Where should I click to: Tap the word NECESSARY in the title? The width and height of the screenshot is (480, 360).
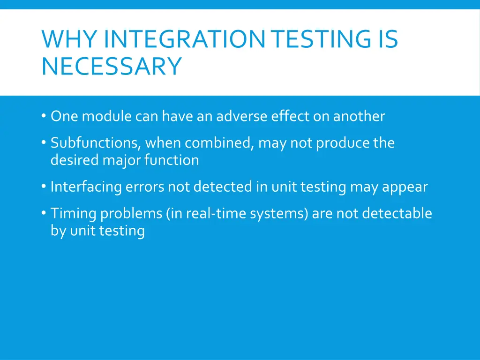point(111,66)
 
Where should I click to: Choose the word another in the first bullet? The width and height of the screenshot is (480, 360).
point(359,116)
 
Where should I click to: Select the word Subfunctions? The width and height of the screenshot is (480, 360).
point(96,142)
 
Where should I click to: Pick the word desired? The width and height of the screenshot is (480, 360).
point(75,160)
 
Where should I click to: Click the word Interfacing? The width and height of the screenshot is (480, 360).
point(86,187)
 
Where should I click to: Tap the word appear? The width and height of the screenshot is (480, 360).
point(405,187)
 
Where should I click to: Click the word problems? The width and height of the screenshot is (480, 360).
point(130,213)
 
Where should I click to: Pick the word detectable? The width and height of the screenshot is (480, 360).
point(397,213)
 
